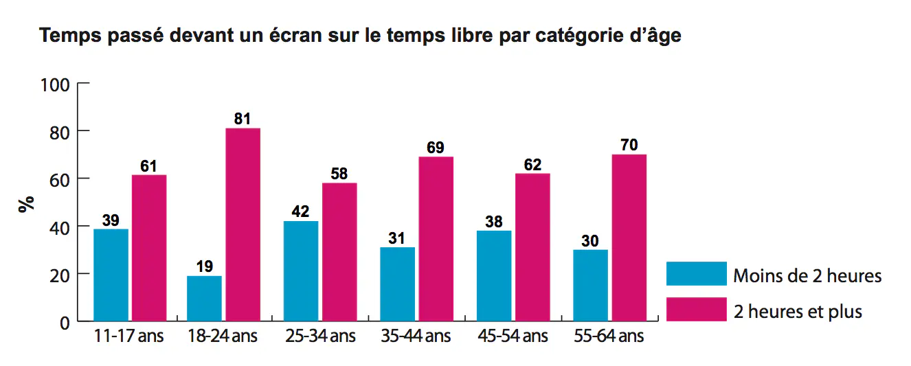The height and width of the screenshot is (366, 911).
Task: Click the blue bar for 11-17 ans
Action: click(x=111, y=275)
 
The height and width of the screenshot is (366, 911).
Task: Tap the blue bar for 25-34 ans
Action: click(x=300, y=271)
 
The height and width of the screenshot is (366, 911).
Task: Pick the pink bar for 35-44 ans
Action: click(x=436, y=239)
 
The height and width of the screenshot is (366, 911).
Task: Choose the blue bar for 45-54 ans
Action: click(x=493, y=276)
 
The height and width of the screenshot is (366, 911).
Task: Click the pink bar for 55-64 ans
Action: click(x=629, y=238)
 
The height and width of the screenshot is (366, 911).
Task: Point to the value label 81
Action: click(x=243, y=119)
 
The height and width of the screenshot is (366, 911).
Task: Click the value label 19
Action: click(x=204, y=266)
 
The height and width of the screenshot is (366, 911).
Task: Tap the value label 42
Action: click(x=300, y=211)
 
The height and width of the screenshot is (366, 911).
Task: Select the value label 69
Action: click(x=436, y=148)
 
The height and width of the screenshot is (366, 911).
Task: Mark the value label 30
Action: click(x=590, y=240)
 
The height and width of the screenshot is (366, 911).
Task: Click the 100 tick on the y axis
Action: click(x=56, y=84)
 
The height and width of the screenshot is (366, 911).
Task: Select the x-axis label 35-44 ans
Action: click(x=416, y=337)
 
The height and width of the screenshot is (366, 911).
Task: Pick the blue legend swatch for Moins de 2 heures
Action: click(x=696, y=273)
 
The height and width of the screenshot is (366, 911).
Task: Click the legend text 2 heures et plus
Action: click(x=798, y=311)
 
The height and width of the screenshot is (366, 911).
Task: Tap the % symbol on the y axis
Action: click(x=27, y=204)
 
